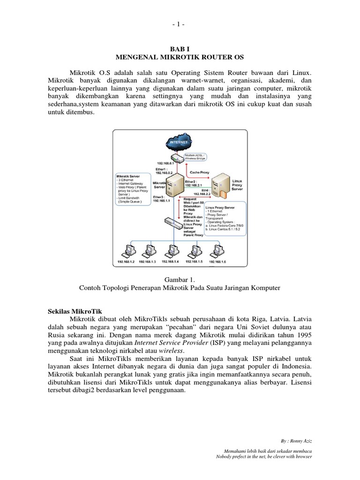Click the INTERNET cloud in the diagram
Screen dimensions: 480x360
click(x=180, y=142)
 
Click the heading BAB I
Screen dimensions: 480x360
click(x=180, y=48)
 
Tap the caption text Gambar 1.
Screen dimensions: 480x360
click(x=180, y=279)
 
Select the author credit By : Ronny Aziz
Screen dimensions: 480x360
click(x=296, y=441)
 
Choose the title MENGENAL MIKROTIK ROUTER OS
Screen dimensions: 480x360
click(x=180, y=57)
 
